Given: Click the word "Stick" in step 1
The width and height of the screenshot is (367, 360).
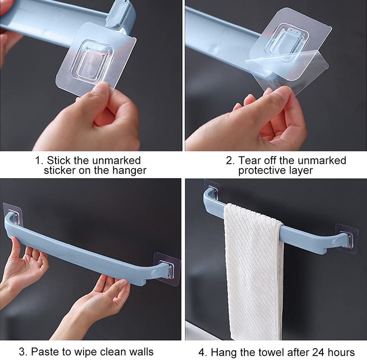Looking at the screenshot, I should click(x=59, y=161).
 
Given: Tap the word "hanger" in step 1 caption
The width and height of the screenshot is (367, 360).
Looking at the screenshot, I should click(x=130, y=171).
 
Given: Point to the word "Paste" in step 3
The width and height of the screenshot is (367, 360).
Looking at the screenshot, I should click(x=44, y=352).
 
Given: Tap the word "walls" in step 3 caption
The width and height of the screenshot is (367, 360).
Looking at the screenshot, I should click(x=139, y=352).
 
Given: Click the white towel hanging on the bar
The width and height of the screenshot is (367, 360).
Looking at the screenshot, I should click(x=254, y=271).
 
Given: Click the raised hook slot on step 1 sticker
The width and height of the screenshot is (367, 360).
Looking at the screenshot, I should click(x=94, y=62).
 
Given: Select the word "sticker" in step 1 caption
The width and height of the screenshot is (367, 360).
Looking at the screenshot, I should click(x=62, y=171).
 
